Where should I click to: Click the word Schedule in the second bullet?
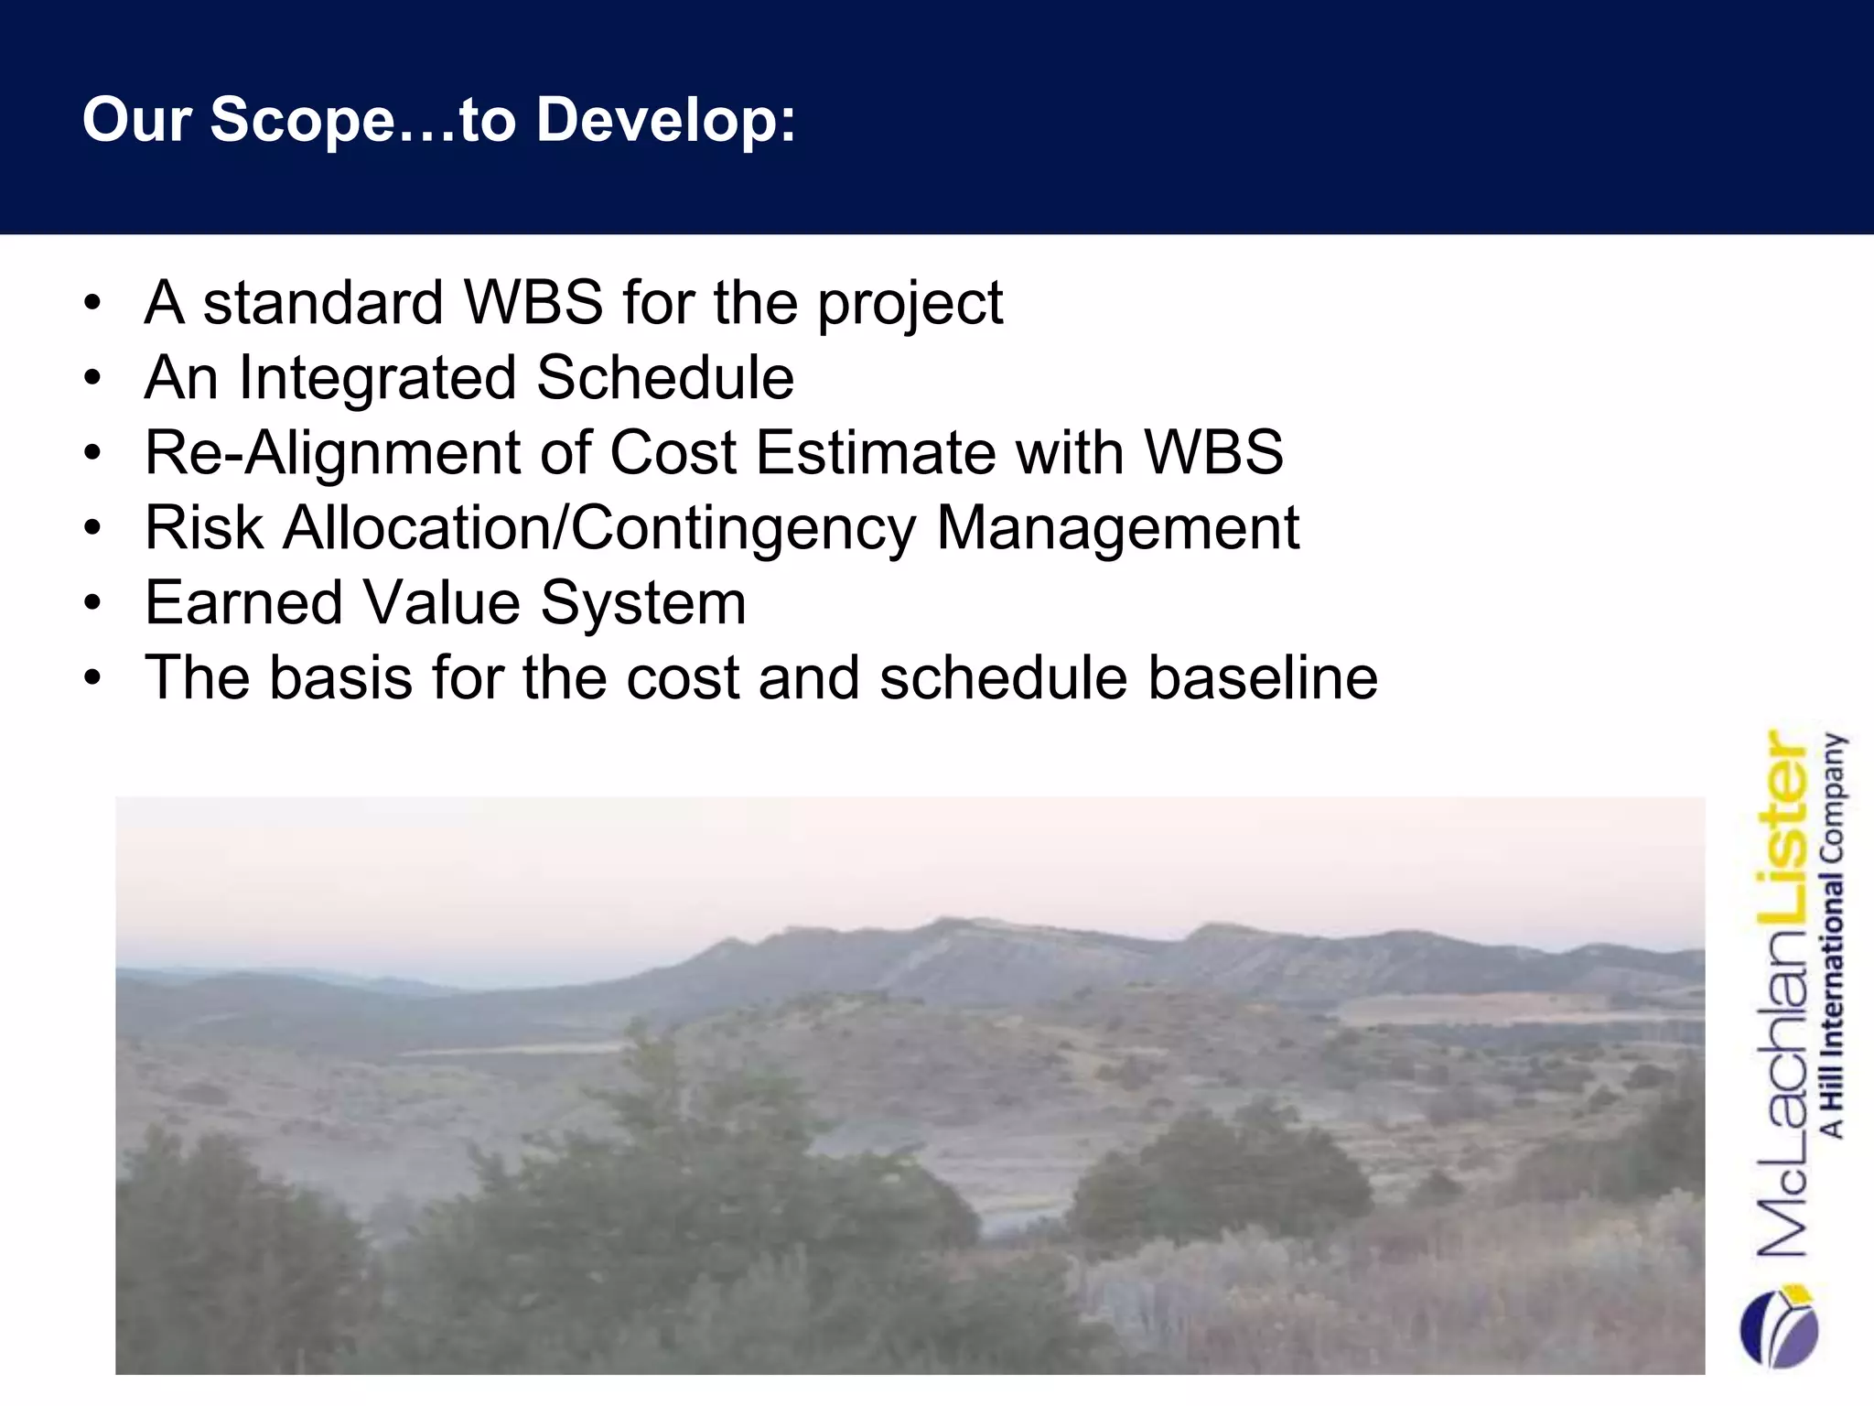pos(665,378)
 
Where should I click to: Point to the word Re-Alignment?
pos(332,454)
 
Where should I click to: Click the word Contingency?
pos(743,529)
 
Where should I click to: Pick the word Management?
pos(1117,529)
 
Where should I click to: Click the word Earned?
pos(242,603)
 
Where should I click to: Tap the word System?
pos(643,605)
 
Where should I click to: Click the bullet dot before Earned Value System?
pos(92,604)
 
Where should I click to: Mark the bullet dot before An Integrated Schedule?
pos(92,379)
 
